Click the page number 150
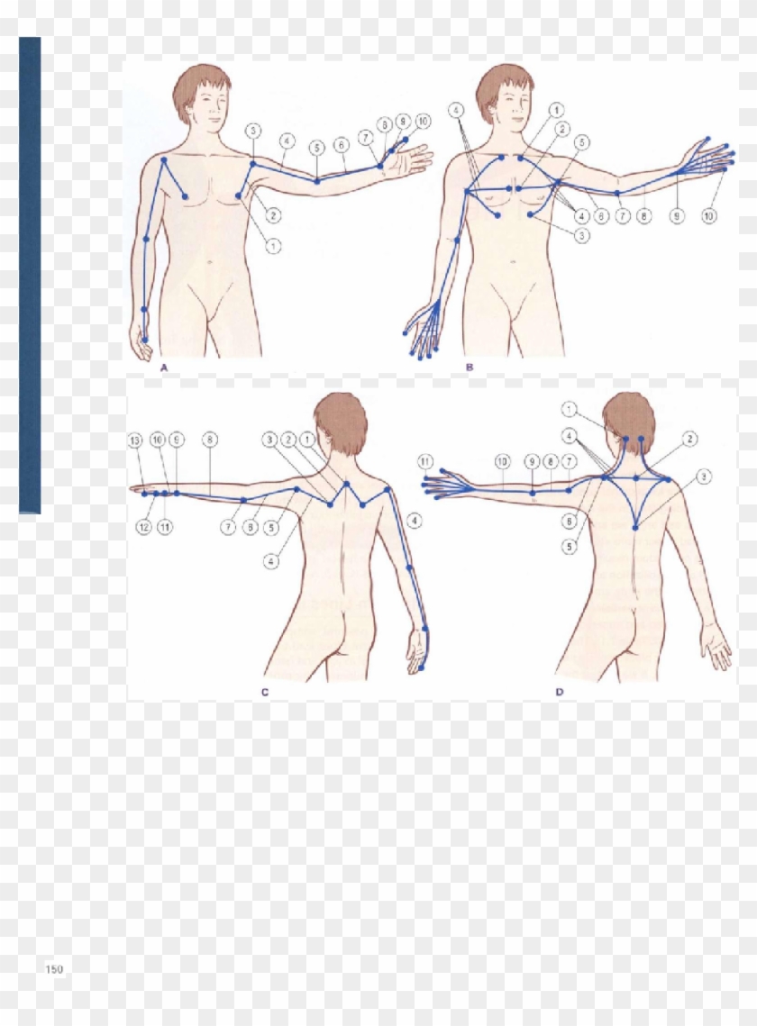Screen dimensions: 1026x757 coord(54,969)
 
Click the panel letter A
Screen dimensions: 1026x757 coord(164,368)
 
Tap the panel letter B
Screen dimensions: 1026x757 coord(469,368)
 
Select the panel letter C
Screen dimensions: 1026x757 coord(265,692)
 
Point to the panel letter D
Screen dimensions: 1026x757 coord(559,692)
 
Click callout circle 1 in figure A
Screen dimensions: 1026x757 coord(273,245)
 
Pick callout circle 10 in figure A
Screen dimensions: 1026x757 coord(423,120)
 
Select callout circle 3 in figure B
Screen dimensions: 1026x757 coord(582,235)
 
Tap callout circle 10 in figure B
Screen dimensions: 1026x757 coord(709,217)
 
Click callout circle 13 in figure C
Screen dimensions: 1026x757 coord(135,440)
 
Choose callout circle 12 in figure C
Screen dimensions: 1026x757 coord(143,527)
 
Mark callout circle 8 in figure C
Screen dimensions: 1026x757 coord(209,440)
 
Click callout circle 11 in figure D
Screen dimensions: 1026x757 coord(425,461)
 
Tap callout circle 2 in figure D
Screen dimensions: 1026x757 coord(689,439)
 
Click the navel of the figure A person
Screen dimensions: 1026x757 coord(209,263)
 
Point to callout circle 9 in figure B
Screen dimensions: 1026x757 coord(675,217)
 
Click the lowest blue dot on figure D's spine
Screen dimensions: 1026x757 coord(635,527)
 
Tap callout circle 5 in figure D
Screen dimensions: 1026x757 coord(569,547)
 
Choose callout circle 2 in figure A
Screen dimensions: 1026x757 coord(273,215)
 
